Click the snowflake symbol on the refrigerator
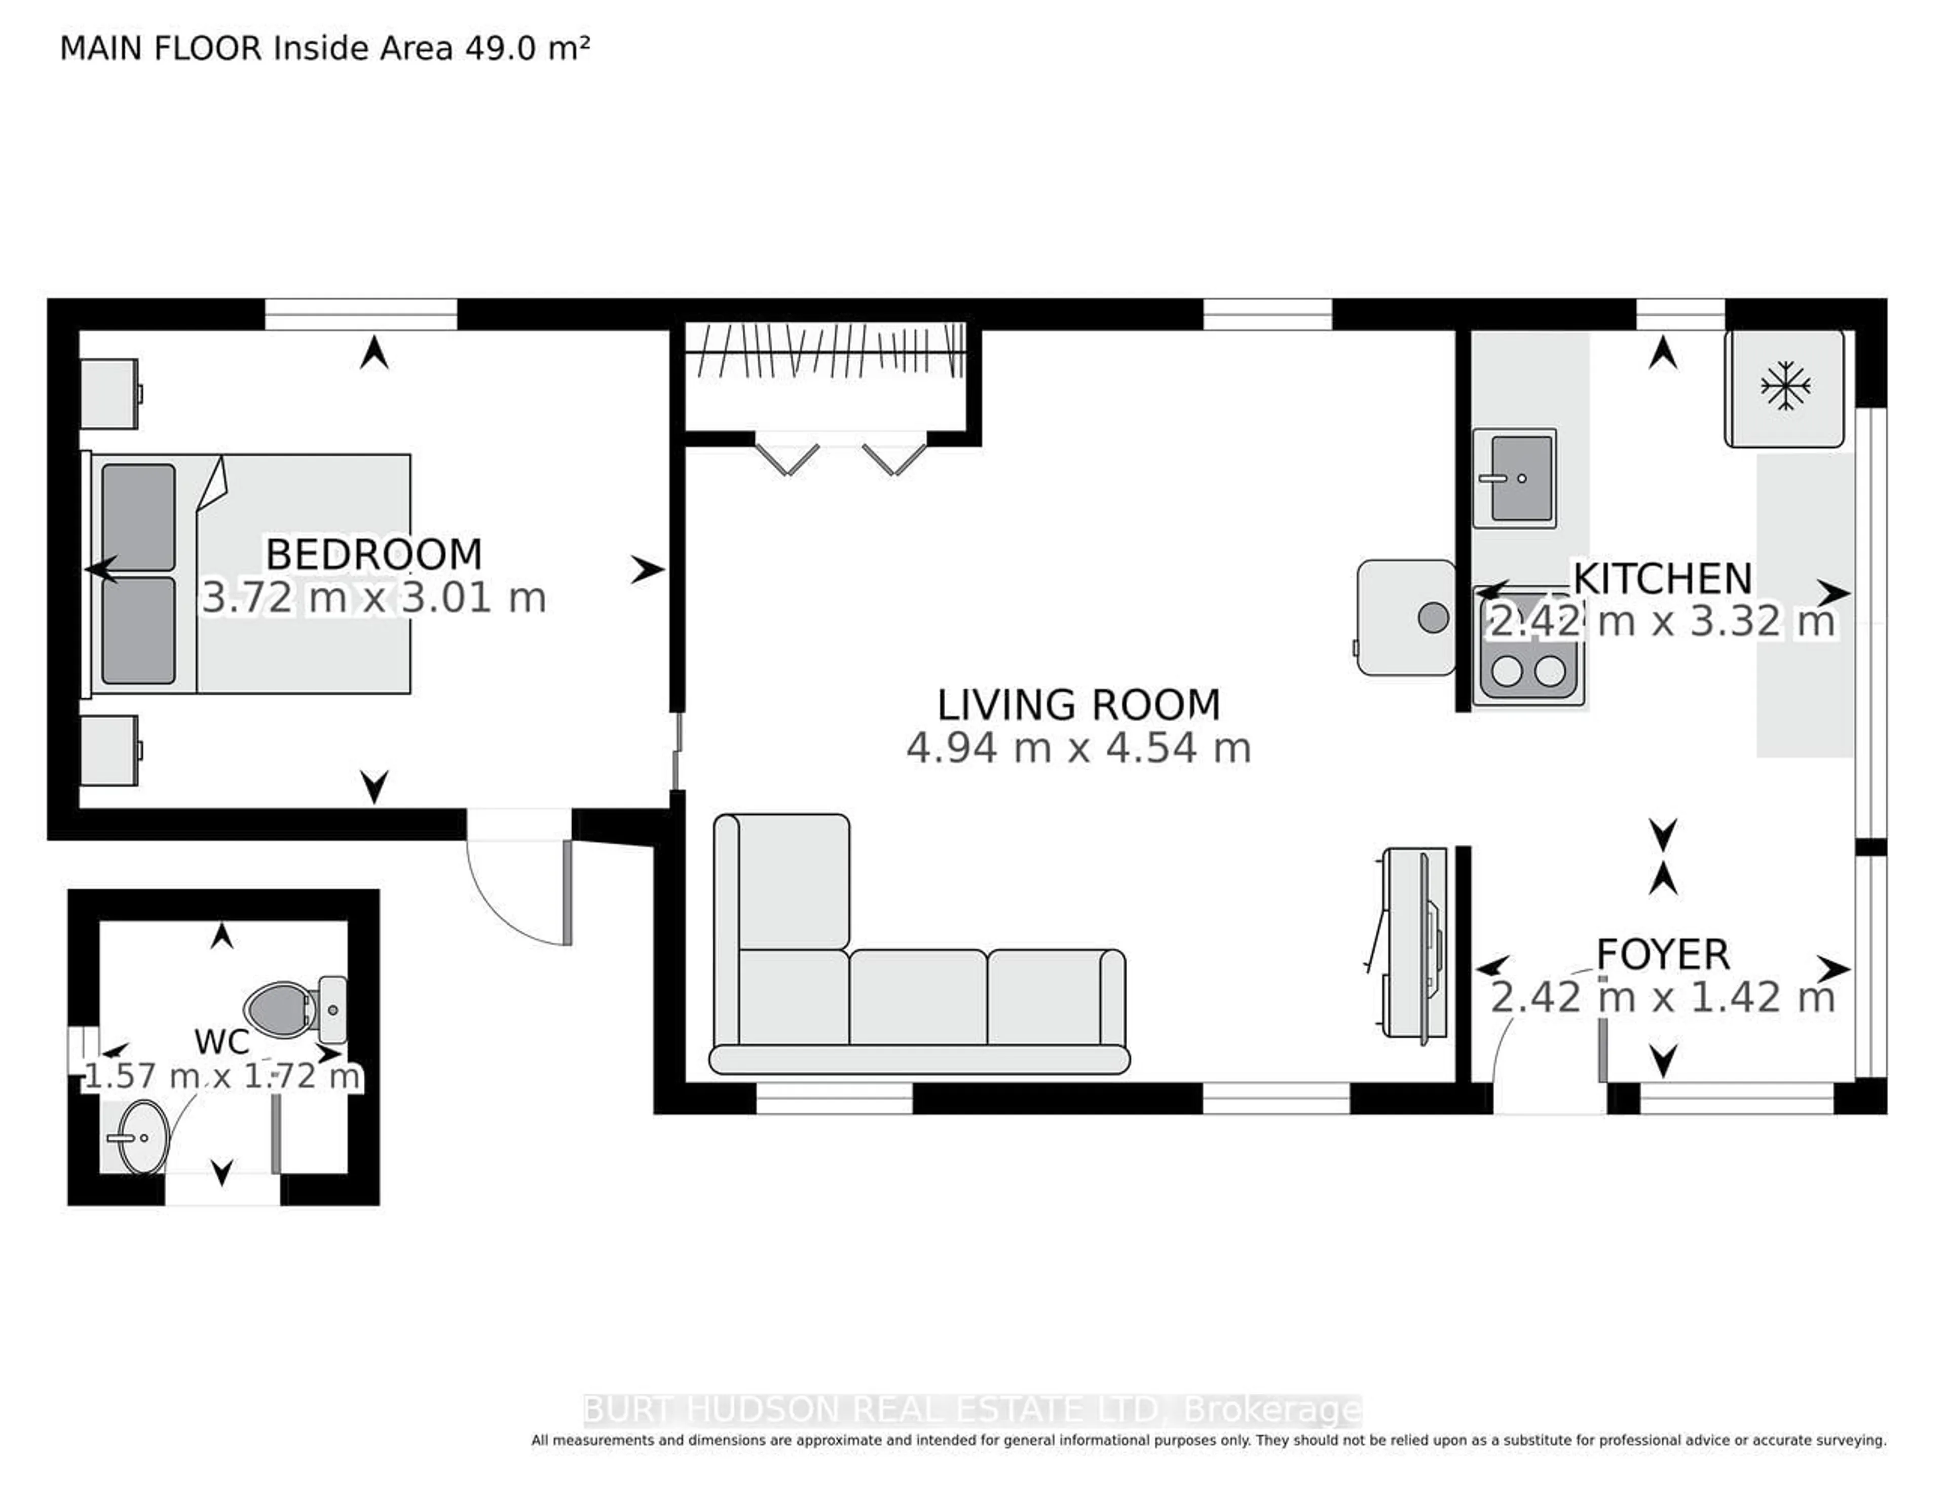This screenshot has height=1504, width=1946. click(x=1786, y=386)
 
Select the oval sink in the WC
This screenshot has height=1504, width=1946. click(x=142, y=1138)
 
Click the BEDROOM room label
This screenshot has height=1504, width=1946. click(x=374, y=554)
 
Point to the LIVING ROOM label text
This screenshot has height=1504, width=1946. click(x=1078, y=705)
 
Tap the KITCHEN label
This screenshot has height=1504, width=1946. click(x=1663, y=578)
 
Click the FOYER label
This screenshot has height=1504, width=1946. click(x=1663, y=954)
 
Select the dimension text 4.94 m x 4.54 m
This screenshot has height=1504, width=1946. click(x=1078, y=747)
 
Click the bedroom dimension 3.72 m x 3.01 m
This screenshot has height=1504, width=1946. click(x=374, y=597)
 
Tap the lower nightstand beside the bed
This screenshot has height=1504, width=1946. click(x=109, y=750)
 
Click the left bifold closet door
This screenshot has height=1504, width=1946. click(x=788, y=458)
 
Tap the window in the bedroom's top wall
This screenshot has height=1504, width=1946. click(x=361, y=315)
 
